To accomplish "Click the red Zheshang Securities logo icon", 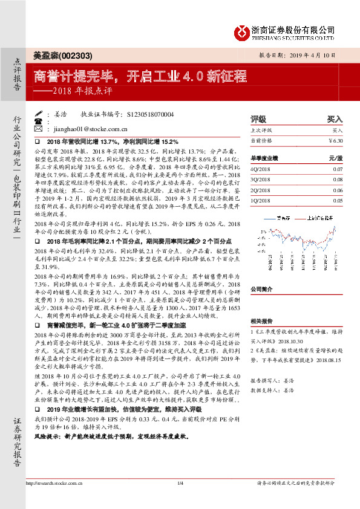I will (x=243, y=31).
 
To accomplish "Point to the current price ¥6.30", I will (x=335, y=140).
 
